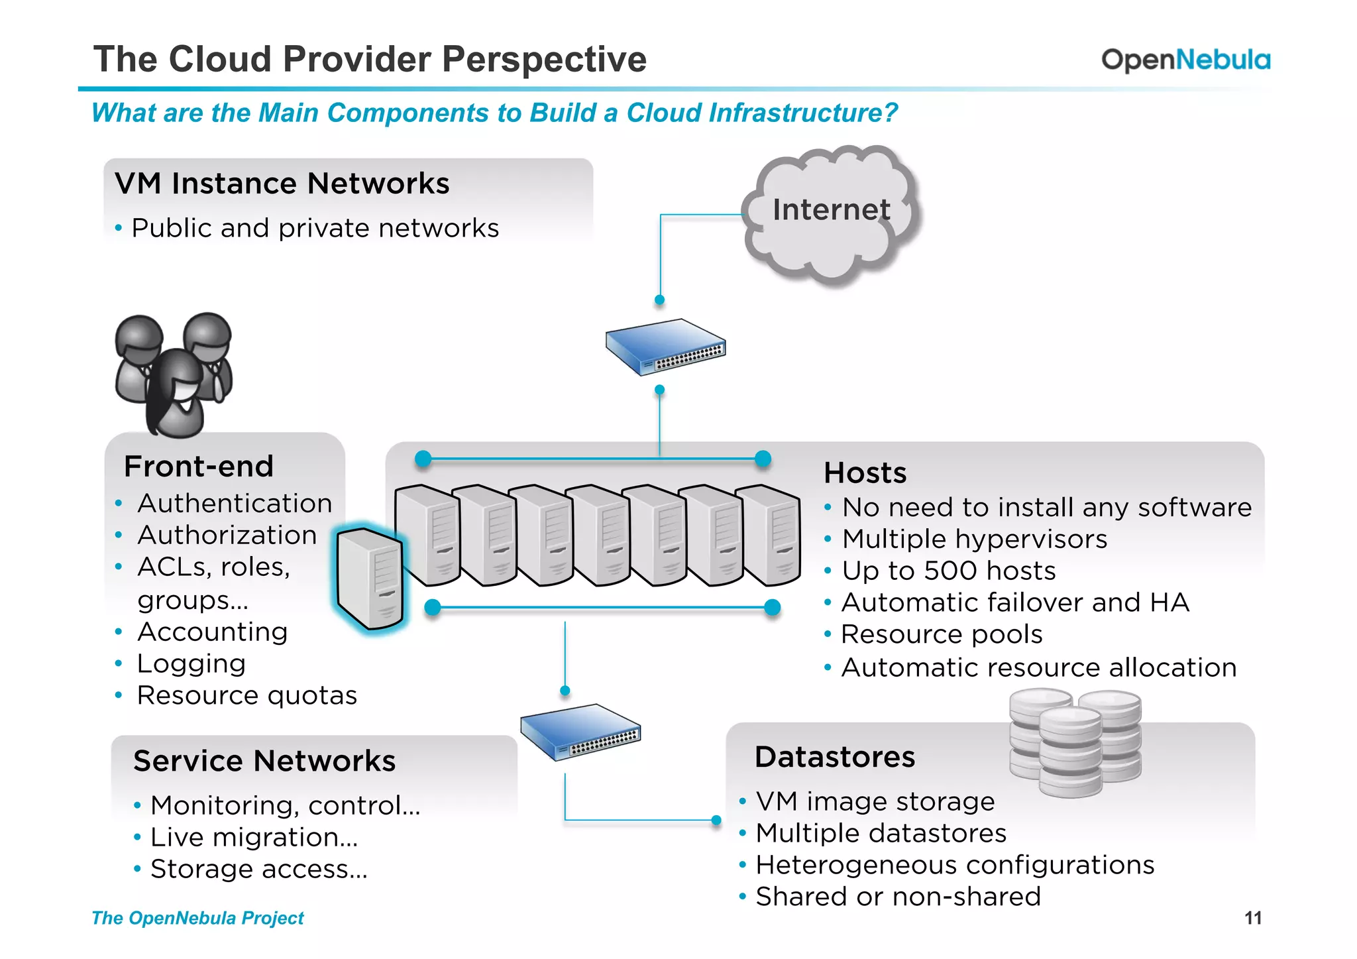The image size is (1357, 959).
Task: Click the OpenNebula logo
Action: coord(1185,60)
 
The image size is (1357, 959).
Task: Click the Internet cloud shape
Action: coord(831,212)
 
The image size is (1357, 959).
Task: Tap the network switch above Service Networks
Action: coord(580,732)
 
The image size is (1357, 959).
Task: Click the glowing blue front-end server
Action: coord(370,579)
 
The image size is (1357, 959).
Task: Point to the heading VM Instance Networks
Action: coord(282,184)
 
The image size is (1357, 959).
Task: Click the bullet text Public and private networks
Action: coord(315,228)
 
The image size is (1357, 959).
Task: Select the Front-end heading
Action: coord(199,467)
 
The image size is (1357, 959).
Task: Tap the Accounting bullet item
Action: coord(212,632)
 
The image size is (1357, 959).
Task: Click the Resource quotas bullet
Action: coord(246,695)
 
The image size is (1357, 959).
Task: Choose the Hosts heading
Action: coord(865,473)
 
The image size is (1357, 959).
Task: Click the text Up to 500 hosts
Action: coord(948,571)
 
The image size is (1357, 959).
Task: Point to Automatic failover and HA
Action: coord(1015,602)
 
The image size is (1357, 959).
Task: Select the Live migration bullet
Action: coord(254,837)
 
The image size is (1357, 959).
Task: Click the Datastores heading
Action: coord(834,757)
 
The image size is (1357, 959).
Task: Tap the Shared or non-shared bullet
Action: coord(898,896)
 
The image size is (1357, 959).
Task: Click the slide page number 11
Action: coord(1252,918)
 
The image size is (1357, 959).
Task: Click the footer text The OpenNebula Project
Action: coord(197,918)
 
